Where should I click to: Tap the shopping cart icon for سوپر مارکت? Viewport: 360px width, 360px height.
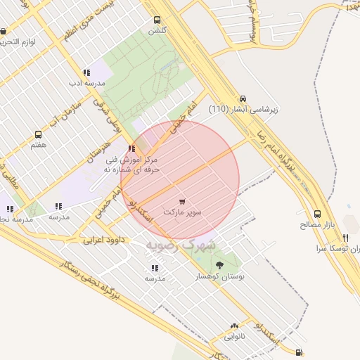(x=183, y=201)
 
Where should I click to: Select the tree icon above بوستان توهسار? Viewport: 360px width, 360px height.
(x=221, y=265)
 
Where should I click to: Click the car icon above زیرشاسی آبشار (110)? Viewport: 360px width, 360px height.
(x=243, y=98)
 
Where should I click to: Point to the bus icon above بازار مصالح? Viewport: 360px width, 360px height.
(x=318, y=214)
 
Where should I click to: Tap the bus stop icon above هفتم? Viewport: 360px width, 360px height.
(x=39, y=134)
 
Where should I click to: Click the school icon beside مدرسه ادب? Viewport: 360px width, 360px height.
(x=86, y=72)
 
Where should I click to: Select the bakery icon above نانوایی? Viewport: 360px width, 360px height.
(x=235, y=326)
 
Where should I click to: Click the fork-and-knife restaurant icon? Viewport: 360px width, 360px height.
(x=345, y=238)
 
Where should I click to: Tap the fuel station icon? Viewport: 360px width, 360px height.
(x=300, y=352)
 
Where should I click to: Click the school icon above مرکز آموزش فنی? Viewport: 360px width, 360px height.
(x=132, y=148)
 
